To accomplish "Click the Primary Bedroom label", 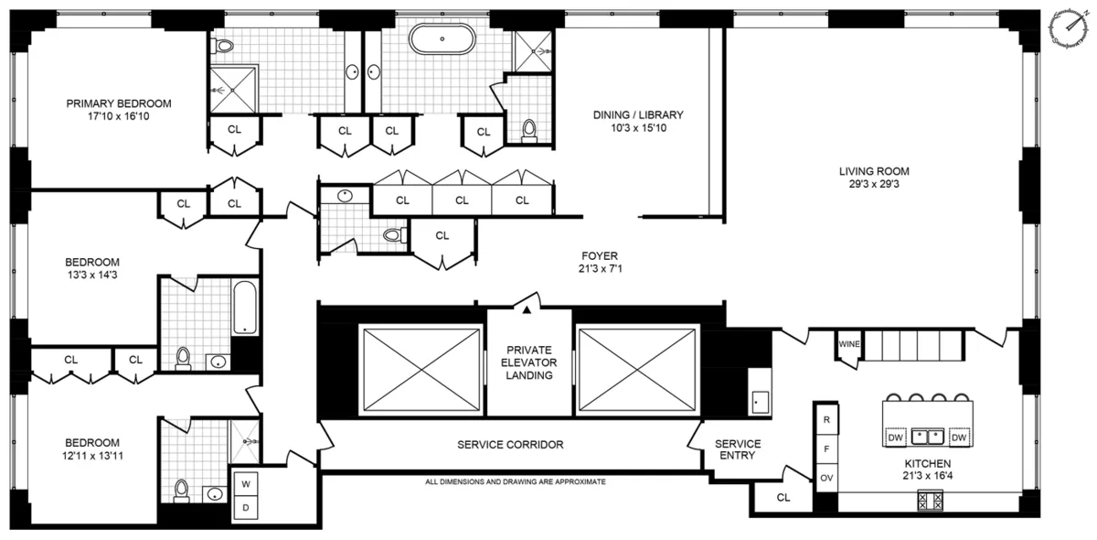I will click(119, 103).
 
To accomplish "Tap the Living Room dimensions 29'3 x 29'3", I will click(874, 184).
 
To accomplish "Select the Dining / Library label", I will click(638, 114).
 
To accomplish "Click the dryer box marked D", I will click(246, 507).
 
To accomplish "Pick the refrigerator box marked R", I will click(825, 418).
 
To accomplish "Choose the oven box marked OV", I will click(825, 477).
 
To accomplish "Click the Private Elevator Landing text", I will click(528, 361).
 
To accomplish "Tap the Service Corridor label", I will click(510, 445).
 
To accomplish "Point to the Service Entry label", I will click(738, 449).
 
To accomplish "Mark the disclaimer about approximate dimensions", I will click(515, 481).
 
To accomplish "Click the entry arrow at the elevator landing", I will click(527, 308).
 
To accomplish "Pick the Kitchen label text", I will click(928, 463).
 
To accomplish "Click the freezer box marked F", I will click(825, 448).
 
